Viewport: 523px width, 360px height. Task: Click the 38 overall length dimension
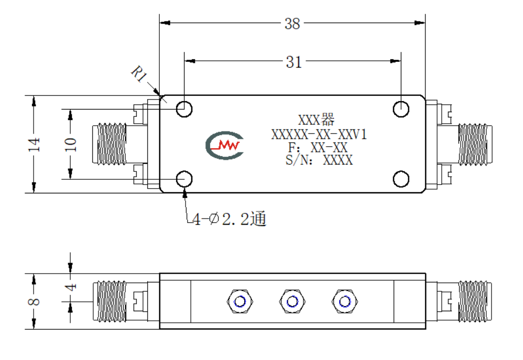(x=292, y=24)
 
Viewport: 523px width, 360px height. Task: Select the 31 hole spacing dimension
(x=293, y=62)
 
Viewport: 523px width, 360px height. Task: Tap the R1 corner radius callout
(x=139, y=74)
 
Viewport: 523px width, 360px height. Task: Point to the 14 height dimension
(x=34, y=144)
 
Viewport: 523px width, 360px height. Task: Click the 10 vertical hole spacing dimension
(x=70, y=144)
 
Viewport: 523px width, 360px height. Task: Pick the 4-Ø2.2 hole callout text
(x=229, y=219)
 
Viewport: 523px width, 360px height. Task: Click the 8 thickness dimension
(x=34, y=301)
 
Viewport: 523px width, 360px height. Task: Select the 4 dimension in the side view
(x=70, y=287)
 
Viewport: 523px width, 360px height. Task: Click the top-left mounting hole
(x=184, y=109)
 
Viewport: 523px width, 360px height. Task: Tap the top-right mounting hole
(x=401, y=109)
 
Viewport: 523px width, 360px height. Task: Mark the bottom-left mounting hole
(x=184, y=179)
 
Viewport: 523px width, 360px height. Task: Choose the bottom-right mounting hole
(x=401, y=179)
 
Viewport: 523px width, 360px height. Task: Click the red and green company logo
(x=224, y=145)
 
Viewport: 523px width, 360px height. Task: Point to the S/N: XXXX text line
(x=319, y=160)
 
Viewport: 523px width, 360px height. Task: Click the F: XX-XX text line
(x=318, y=147)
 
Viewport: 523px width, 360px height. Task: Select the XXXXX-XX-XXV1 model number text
(x=319, y=134)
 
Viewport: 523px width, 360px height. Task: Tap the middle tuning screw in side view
(x=292, y=302)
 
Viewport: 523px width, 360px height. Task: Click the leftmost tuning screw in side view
(x=240, y=302)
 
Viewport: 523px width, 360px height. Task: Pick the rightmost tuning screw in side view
(x=344, y=302)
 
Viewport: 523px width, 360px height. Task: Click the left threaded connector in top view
(x=110, y=144)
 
